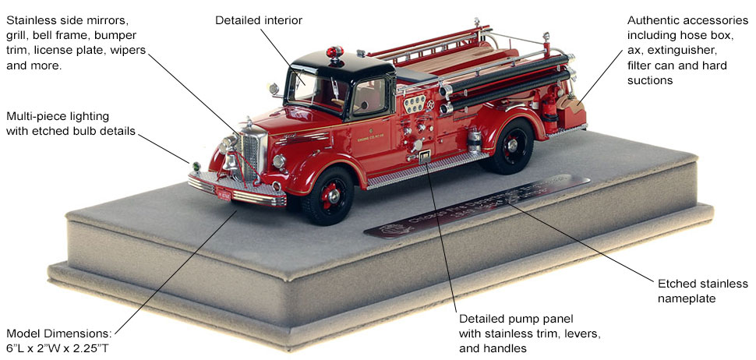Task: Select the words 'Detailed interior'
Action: [x=259, y=19]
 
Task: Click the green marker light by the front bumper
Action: [x=196, y=166]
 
